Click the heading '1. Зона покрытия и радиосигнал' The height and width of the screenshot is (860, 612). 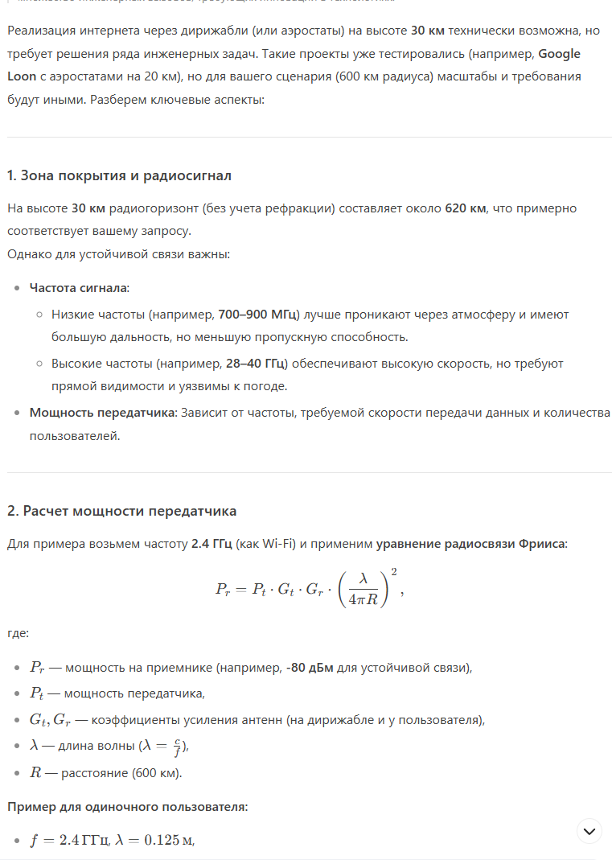119,175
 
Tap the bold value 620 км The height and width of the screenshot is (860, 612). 466,208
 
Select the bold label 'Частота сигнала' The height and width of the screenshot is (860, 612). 79,288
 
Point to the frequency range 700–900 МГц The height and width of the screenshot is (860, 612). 259,314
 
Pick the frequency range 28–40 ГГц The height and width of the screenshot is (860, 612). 255,364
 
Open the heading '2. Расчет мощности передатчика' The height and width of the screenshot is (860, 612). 121,511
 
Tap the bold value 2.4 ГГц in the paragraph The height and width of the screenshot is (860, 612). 212,544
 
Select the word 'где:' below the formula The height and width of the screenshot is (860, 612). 18,633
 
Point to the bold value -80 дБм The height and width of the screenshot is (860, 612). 310,668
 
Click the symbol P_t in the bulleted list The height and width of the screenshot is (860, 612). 38,693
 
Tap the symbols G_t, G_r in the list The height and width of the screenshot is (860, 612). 51,719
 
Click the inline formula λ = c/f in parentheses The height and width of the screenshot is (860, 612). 162,746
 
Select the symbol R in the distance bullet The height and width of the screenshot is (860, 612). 35,773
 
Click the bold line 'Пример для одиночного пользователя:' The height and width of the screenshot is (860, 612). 127,806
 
